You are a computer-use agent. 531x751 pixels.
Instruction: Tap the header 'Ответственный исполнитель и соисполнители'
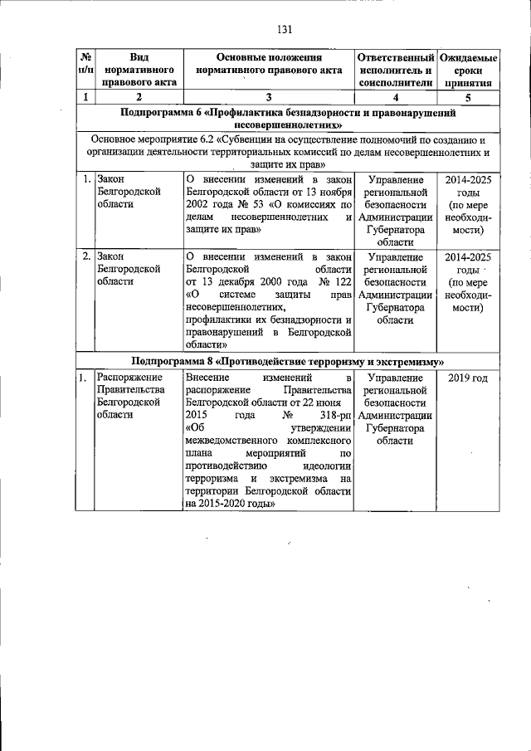point(395,71)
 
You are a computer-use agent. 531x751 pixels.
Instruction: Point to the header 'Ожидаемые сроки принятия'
point(468,71)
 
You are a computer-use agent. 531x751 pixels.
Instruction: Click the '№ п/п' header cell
point(85,64)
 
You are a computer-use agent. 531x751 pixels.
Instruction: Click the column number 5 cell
point(468,98)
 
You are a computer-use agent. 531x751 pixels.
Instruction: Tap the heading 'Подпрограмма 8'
point(172,362)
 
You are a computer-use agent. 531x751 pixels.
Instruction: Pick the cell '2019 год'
point(468,378)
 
